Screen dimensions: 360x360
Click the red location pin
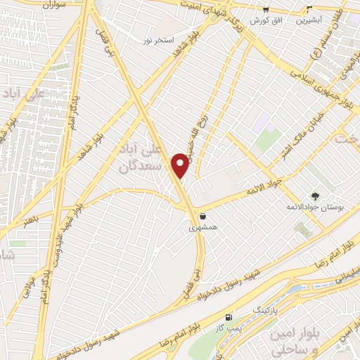(181, 165)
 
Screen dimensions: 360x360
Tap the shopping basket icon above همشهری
(202, 216)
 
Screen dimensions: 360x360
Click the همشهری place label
(202, 228)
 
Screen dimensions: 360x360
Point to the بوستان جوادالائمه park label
(314, 208)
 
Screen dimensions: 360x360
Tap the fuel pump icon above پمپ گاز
(226, 317)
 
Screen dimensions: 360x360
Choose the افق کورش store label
(267, 21)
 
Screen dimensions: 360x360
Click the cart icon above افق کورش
(266, 10)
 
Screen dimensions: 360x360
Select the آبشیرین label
(309, 21)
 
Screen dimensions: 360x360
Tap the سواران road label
(49, 6)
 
